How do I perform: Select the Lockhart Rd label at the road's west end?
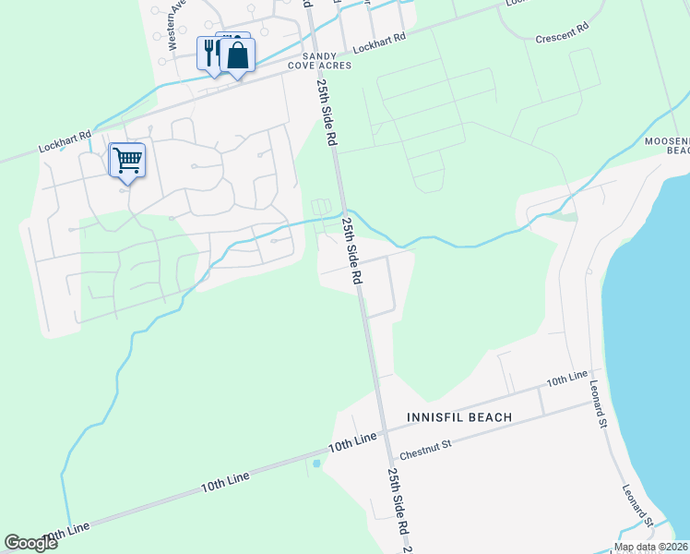tap(65, 140)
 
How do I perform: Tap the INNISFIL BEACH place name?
tap(459, 417)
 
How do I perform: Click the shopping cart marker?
tap(126, 160)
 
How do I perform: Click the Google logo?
tap(30, 543)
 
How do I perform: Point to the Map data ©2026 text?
tap(650, 547)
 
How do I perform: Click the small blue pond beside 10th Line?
tap(316, 464)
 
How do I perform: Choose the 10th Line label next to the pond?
tap(352, 441)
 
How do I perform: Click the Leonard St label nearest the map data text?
tap(637, 507)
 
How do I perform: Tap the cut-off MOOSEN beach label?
tap(666, 144)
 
